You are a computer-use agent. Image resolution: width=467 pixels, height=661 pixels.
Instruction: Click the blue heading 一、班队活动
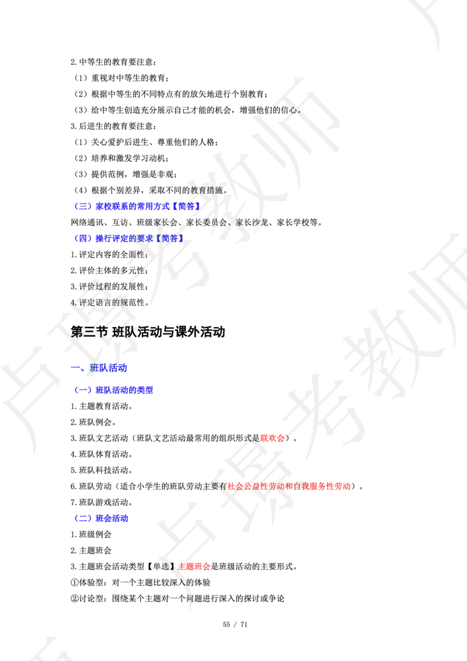point(99,368)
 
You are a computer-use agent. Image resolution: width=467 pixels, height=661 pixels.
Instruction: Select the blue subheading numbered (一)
point(114,390)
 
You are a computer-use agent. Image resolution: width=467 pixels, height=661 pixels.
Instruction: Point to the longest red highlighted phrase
point(288,486)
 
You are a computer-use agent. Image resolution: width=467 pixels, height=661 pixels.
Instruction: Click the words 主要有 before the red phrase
point(214,486)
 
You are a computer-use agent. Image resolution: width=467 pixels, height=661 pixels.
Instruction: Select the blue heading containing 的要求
point(130,238)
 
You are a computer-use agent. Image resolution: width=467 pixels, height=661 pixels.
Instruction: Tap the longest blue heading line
point(138,206)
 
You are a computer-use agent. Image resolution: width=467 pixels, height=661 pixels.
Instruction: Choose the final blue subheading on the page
point(102,519)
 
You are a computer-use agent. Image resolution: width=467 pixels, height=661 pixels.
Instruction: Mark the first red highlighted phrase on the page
point(271,438)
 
